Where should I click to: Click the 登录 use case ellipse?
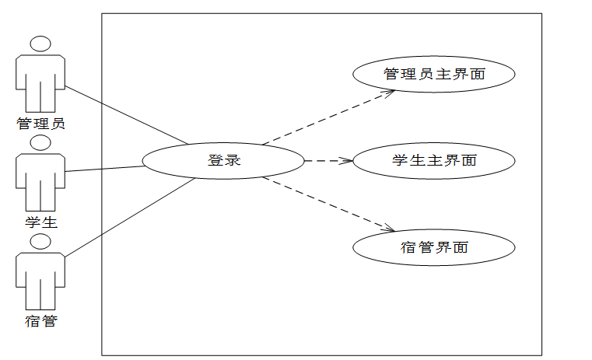223,161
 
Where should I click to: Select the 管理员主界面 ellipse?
434,75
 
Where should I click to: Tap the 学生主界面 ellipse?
434,161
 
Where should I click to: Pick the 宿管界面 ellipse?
434,248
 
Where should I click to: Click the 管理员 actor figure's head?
40,44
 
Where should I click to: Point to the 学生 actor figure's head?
40,143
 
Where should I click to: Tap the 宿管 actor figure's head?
40,242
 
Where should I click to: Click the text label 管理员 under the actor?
40,122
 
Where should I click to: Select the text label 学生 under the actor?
40,222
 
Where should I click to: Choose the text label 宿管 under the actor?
40,320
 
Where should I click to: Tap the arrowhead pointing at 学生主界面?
347,161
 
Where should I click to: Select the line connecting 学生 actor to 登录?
105,169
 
